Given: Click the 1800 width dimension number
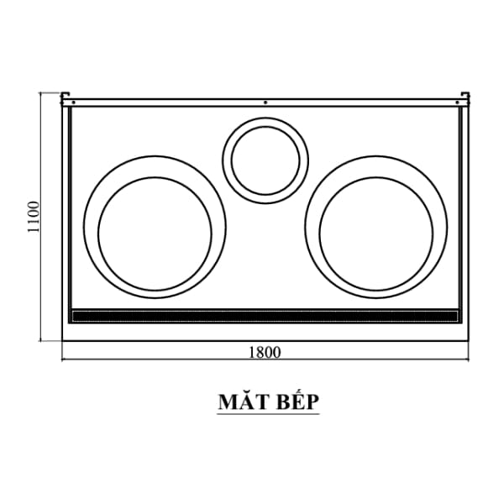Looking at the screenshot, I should (x=264, y=352).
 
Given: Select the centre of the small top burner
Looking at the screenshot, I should (x=265, y=159).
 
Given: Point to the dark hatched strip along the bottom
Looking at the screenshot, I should (x=265, y=317).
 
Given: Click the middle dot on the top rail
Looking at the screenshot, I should (x=265, y=102).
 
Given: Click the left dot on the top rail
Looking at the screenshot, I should (x=74, y=102).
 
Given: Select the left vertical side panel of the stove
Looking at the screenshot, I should (x=67, y=210).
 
